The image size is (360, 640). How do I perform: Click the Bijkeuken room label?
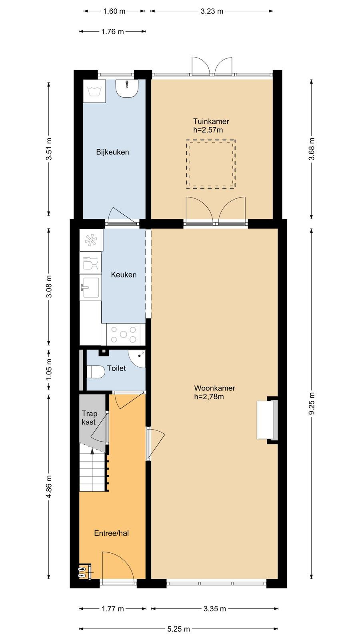point(112,152)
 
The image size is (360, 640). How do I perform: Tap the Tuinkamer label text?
point(211,122)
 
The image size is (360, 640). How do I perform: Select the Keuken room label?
point(124,275)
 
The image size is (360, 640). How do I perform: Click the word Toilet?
point(116,368)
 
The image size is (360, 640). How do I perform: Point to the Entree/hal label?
point(112,533)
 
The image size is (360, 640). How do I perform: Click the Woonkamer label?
point(214,388)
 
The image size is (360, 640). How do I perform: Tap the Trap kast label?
point(90,418)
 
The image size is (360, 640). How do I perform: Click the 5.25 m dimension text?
point(178,629)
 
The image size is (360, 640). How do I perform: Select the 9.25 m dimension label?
point(312,404)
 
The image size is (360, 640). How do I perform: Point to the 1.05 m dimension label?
point(49,370)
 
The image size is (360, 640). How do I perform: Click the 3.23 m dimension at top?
point(212,12)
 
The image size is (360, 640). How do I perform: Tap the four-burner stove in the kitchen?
point(124,334)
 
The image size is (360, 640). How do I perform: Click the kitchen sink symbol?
point(90,287)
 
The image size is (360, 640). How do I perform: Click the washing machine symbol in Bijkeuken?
point(94,91)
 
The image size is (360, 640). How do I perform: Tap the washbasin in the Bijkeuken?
point(127,88)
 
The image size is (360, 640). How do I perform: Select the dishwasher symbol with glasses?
point(90,263)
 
